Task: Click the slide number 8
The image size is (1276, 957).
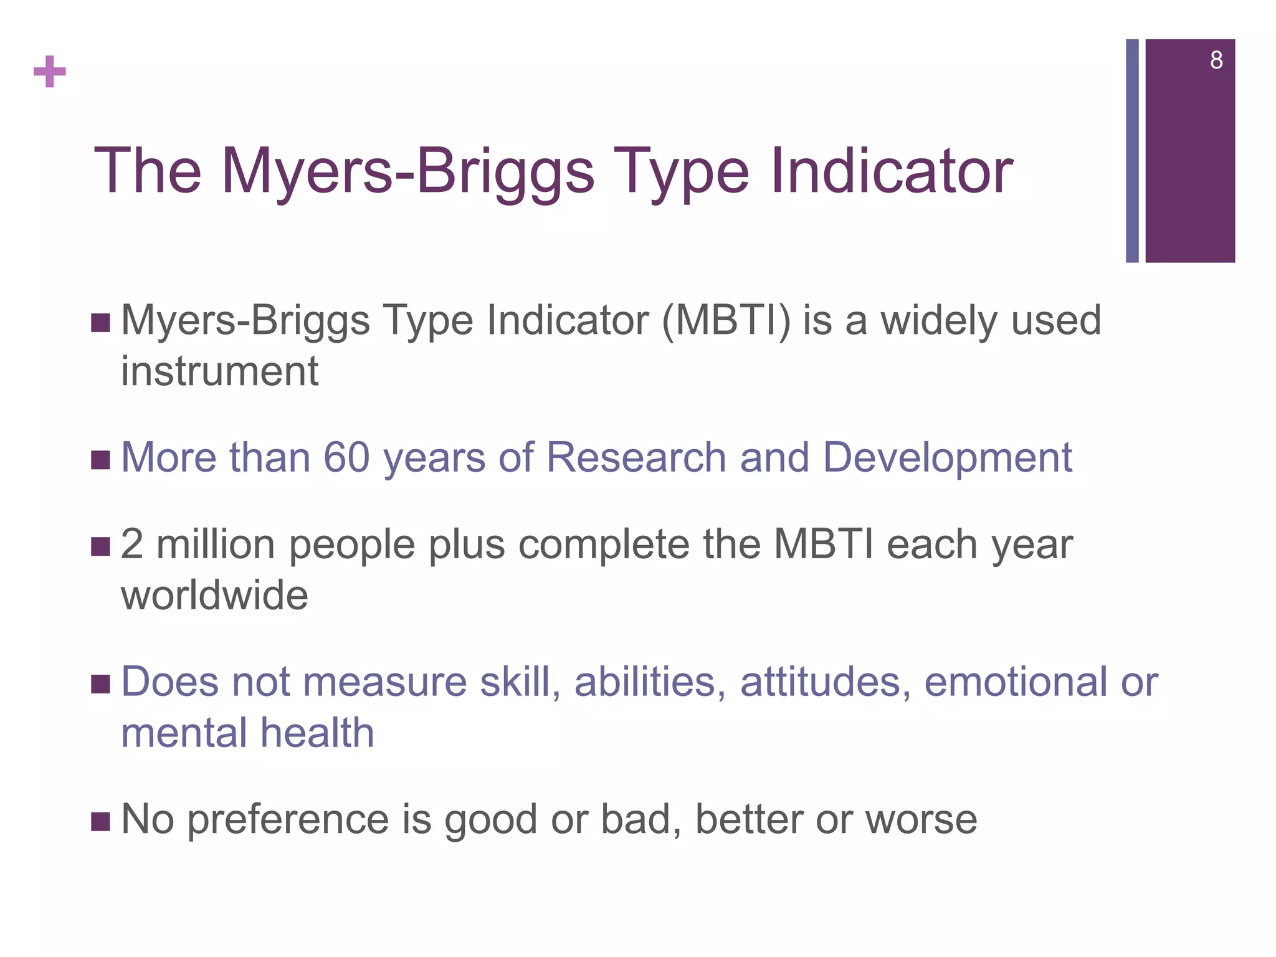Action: (x=1216, y=60)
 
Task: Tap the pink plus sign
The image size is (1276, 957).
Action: (x=50, y=72)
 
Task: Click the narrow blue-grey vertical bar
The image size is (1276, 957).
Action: (x=1131, y=151)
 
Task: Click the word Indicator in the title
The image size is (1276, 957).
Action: (x=892, y=171)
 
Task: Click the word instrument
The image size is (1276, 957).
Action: (x=219, y=371)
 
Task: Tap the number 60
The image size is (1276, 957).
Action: (x=347, y=457)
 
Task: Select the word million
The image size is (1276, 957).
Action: (x=216, y=545)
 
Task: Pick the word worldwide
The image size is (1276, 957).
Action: (x=214, y=595)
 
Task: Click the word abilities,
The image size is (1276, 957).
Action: (x=650, y=682)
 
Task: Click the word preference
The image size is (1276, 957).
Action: (x=288, y=820)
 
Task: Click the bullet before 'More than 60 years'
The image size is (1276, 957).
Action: (x=100, y=460)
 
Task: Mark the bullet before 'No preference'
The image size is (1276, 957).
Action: (x=100, y=822)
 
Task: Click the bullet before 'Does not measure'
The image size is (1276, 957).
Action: (x=100, y=684)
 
